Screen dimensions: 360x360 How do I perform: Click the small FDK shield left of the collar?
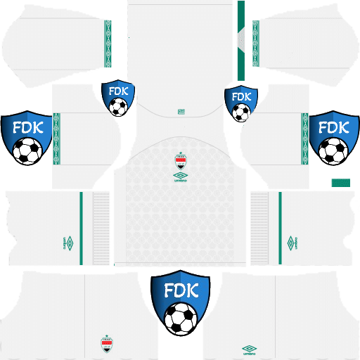click(118, 98)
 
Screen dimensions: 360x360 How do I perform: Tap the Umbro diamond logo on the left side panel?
click(69, 243)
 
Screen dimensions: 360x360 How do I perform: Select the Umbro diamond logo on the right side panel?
click(291, 243)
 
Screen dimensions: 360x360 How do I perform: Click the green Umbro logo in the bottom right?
click(250, 349)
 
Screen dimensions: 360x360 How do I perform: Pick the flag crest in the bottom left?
click(106, 344)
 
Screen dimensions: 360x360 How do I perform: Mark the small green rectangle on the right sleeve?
click(340, 181)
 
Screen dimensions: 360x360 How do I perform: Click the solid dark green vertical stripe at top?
click(241, 39)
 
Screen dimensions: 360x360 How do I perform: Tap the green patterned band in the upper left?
click(108, 44)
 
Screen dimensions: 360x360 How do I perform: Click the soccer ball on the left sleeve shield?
click(27, 150)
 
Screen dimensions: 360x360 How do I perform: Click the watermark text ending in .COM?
click(181, 272)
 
